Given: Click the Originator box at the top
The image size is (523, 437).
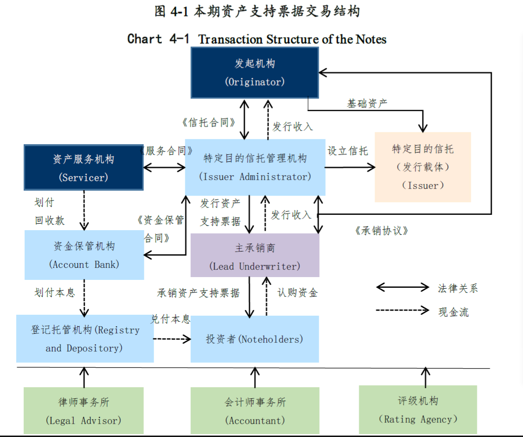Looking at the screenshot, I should [255, 73].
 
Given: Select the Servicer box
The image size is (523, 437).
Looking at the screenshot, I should [84, 168].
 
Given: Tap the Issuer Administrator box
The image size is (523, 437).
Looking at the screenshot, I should [255, 167].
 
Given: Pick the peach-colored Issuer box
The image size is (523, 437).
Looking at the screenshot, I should [422, 167].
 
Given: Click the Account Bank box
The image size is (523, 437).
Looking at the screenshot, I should [84, 255].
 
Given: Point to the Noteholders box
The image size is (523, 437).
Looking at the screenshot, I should [255, 339].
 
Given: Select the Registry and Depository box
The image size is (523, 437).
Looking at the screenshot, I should [85, 338].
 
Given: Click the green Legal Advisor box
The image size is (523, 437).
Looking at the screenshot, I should [84, 411].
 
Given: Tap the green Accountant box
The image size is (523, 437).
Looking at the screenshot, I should [255, 411].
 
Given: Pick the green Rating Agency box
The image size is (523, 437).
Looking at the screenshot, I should [418, 410].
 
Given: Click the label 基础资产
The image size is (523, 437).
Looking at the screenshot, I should [367, 104].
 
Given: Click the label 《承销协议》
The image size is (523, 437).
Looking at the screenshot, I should [381, 231].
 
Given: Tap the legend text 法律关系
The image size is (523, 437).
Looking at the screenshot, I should [457, 288].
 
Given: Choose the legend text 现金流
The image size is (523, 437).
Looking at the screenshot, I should [453, 312].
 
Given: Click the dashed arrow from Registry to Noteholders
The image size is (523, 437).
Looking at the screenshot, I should [172, 339].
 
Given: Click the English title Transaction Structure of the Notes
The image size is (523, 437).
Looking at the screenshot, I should [292, 39].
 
